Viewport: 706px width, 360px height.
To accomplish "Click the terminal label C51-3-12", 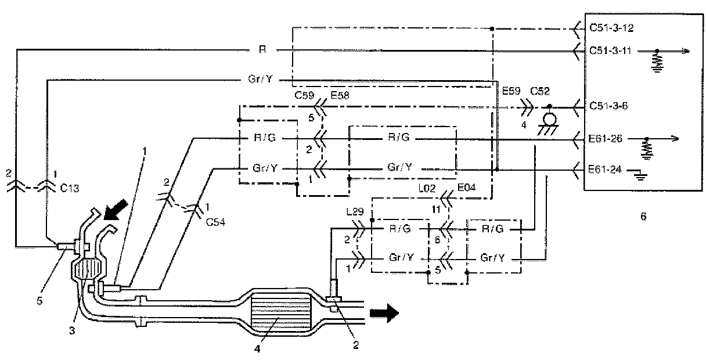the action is pyautogui.click(x=611, y=28).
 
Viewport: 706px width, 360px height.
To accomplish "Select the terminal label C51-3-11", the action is pyautogui.click(x=611, y=51).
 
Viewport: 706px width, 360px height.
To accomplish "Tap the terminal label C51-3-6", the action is pyautogui.click(x=608, y=106).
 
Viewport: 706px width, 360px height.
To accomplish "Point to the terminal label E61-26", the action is pyautogui.click(x=605, y=138).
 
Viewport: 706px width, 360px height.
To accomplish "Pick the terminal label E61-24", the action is pyautogui.click(x=605, y=170).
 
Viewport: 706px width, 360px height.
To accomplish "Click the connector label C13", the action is pyautogui.click(x=69, y=188).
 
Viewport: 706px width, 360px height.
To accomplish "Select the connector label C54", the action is pyautogui.click(x=215, y=222).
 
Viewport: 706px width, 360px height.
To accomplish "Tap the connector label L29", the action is pyautogui.click(x=355, y=211).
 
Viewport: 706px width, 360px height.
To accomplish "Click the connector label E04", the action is pyautogui.click(x=466, y=188).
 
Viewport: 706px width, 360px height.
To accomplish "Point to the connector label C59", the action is pyautogui.click(x=304, y=95).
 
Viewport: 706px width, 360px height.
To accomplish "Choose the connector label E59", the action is pyautogui.click(x=511, y=91).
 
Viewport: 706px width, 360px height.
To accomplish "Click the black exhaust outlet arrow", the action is pyautogui.click(x=384, y=313).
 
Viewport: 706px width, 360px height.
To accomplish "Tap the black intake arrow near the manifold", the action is pyautogui.click(x=116, y=209).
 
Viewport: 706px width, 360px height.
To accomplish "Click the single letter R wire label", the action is pyautogui.click(x=262, y=49).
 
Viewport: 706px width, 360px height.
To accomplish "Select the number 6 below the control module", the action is pyautogui.click(x=643, y=216).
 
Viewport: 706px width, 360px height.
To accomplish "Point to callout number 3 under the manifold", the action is pyautogui.click(x=72, y=330).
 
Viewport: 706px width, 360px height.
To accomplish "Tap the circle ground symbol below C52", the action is pyautogui.click(x=549, y=120).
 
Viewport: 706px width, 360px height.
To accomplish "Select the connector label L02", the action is pyautogui.click(x=427, y=188).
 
